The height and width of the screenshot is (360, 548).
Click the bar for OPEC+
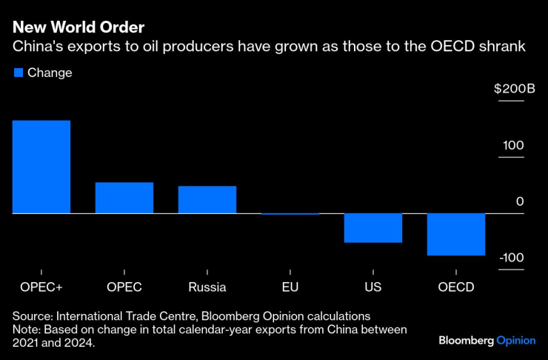click(x=41, y=167)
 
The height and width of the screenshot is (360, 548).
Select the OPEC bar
click(x=124, y=198)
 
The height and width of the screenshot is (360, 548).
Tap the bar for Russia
click(x=207, y=199)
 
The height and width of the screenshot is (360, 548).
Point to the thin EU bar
click(x=290, y=214)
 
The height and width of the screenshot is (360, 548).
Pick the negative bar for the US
click(x=373, y=228)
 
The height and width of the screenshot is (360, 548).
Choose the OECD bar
click(x=456, y=234)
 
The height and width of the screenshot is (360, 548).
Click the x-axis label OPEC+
click(x=41, y=287)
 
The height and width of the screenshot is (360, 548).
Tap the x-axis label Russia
click(x=207, y=287)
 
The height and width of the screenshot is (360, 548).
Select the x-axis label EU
click(x=290, y=287)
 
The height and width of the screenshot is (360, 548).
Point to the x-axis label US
click(x=373, y=287)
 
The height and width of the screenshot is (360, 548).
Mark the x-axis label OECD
click(x=456, y=287)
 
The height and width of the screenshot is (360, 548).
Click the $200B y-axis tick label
click(x=514, y=89)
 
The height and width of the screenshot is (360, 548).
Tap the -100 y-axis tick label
click(x=512, y=258)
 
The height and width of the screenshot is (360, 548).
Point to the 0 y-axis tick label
click(x=520, y=201)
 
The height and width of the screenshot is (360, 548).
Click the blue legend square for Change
click(x=19, y=73)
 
